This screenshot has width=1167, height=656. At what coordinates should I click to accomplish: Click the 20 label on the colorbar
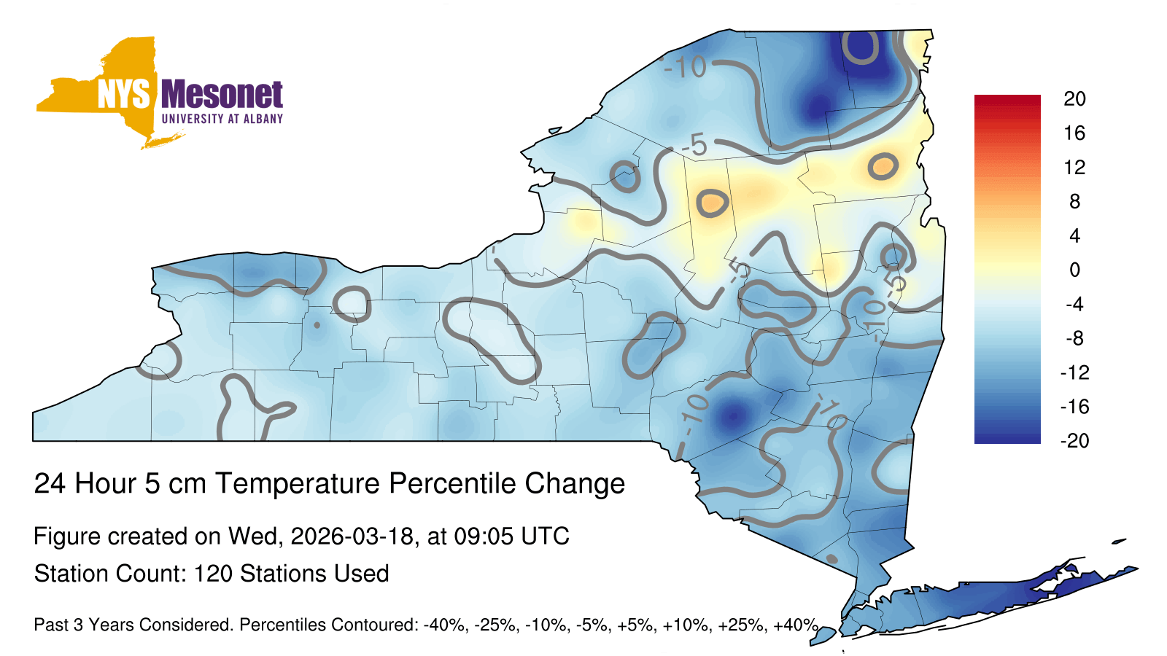click(x=1074, y=99)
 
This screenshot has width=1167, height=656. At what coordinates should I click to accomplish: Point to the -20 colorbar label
click(x=1074, y=441)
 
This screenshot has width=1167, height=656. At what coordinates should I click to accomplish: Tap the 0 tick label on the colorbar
click(x=1074, y=270)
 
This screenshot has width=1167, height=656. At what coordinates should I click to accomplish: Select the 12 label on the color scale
click(x=1074, y=168)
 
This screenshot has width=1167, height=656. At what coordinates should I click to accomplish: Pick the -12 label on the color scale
click(x=1074, y=372)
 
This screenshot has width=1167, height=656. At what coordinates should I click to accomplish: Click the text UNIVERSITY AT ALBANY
click(x=222, y=119)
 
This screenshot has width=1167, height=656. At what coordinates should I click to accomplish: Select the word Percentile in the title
click(x=451, y=483)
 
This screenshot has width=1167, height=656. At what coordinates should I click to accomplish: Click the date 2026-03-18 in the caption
click(x=352, y=536)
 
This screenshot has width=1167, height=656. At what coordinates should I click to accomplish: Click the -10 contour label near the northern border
click(x=686, y=67)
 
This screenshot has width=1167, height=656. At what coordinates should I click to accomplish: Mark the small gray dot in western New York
click(x=317, y=325)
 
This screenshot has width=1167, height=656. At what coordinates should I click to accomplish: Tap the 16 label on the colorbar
click(x=1074, y=133)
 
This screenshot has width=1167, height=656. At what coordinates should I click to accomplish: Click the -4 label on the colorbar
click(x=1074, y=305)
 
